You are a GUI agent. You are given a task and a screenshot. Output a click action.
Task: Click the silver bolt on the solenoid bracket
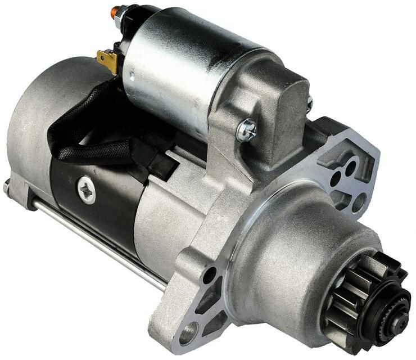(x=246, y=130)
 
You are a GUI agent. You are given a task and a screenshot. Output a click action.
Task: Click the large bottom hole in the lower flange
(x=188, y=336)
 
